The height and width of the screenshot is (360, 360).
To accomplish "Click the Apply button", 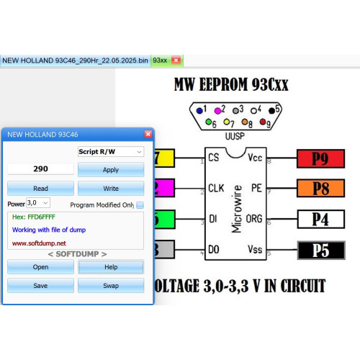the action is [x=111, y=170].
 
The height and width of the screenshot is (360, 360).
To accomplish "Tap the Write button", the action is [x=111, y=189].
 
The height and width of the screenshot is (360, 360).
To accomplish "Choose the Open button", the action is [x=40, y=267].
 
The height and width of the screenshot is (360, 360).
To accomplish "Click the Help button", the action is [x=111, y=267].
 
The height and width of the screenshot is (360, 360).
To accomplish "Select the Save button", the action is [x=40, y=286].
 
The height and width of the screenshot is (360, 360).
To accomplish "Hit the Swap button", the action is [x=111, y=286].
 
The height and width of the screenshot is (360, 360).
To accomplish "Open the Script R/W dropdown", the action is [x=111, y=152].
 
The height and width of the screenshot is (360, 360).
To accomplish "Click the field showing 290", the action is [x=40, y=168].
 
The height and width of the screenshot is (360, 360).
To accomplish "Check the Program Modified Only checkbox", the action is [x=140, y=205].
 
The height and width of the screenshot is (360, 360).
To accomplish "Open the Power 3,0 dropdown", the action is [x=38, y=203].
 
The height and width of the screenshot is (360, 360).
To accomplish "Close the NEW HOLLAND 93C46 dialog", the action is [x=148, y=134].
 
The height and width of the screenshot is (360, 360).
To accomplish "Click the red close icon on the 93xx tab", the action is [x=176, y=60].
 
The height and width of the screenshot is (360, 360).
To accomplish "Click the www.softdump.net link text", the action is [x=39, y=243].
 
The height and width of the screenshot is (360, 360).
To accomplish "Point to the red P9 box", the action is [x=320, y=158].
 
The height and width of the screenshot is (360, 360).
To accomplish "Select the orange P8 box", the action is [x=320, y=188].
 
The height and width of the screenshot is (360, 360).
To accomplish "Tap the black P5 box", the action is [x=321, y=251].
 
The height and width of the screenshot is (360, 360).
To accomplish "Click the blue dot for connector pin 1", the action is [x=199, y=111].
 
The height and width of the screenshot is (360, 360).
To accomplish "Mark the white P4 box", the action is [x=321, y=219].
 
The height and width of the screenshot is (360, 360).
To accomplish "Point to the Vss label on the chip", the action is [x=255, y=249].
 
